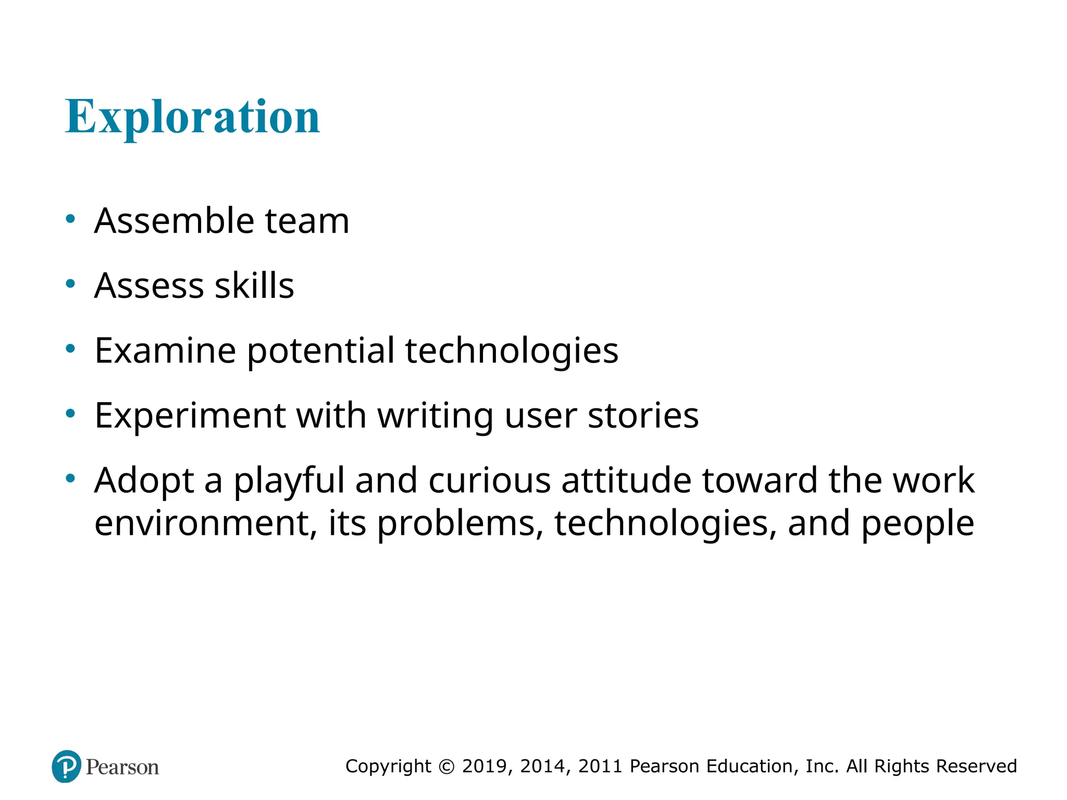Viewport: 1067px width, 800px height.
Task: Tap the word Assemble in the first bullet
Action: (x=174, y=221)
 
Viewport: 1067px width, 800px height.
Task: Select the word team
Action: (x=307, y=221)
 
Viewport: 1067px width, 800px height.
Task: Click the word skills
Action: (x=254, y=286)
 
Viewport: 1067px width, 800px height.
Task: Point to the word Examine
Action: (x=165, y=351)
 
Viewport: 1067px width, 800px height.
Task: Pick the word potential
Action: (x=320, y=351)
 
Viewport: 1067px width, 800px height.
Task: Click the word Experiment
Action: (x=190, y=416)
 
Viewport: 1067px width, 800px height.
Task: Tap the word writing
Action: (x=435, y=417)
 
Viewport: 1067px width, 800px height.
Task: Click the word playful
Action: (x=289, y=481)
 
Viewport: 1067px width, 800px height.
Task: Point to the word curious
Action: (x=489, y=480)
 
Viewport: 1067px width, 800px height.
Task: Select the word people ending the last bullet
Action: (x=917, y=524)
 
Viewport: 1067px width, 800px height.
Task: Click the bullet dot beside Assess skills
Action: (x=70, y=284)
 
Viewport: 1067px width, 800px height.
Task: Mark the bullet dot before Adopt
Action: (x=70, y=478)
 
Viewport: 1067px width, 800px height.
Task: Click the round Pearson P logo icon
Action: (x=67, y=766)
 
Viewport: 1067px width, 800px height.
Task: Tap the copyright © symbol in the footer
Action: (x=446, y=767)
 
